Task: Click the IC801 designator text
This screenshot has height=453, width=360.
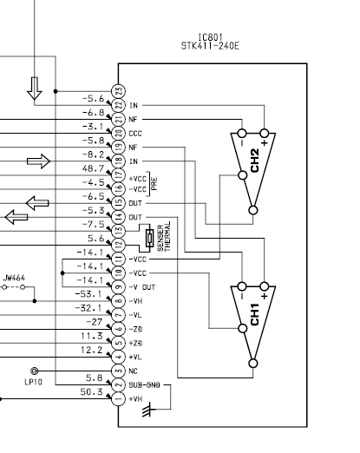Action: point(210,37)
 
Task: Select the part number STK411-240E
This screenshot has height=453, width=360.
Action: point(210,46)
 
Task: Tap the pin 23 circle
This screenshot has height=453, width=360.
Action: point(119,91)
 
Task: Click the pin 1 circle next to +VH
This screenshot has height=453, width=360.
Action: point(119,399)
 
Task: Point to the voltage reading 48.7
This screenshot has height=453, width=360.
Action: point(93,168)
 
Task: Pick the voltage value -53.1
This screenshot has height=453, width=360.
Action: point(88,294)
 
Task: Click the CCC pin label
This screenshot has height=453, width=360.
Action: point(135,134)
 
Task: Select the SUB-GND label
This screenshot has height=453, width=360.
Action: point(144,385)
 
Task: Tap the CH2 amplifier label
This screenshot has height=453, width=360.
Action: point(255,161)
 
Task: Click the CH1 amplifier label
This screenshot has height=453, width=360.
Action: point(255,314)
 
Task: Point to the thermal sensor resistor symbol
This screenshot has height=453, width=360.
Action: point(149,238)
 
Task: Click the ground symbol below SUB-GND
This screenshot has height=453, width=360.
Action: point(148,409)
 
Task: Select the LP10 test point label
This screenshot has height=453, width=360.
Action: point(34,382)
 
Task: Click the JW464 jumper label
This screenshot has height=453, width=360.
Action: point(14,279)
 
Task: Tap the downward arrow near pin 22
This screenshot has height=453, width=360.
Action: point(35,89)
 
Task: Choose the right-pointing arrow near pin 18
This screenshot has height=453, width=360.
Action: point(38,161)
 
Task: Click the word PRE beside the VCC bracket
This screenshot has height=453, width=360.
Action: point(154,184)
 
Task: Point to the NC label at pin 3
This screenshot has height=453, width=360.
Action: point(133,371)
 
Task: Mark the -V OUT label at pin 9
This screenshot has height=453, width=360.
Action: point(142,287)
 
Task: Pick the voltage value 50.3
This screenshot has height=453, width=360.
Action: point(91,392)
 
